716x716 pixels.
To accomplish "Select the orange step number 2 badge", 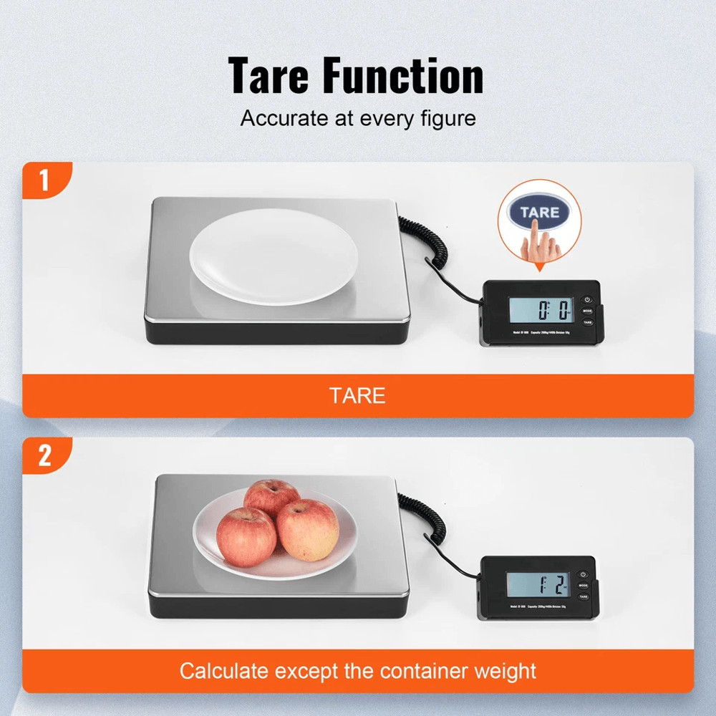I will (44, 456).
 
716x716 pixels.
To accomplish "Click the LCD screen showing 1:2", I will (538, 586).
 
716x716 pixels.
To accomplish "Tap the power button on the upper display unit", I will (587, 299).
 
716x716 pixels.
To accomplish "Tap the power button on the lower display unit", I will (584, 574).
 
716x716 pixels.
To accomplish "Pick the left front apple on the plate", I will (246, 536).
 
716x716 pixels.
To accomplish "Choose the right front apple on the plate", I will (308, 529).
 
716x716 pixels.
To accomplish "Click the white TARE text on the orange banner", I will (357, 395).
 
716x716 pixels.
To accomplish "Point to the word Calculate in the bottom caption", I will (223, 671).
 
